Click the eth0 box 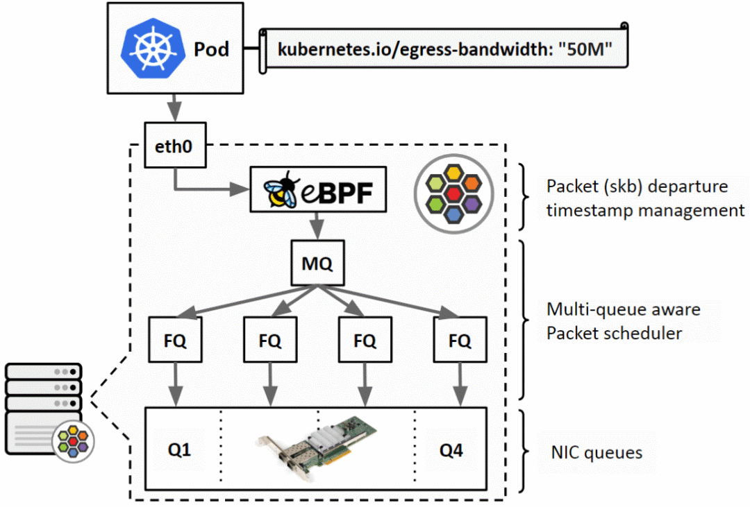[176, 146]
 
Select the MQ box [317, 264]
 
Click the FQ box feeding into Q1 [175, 341]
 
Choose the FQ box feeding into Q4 [459, 341]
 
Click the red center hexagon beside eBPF [454, 191]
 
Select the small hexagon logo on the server [73, 439]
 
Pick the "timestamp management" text [644, 211]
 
